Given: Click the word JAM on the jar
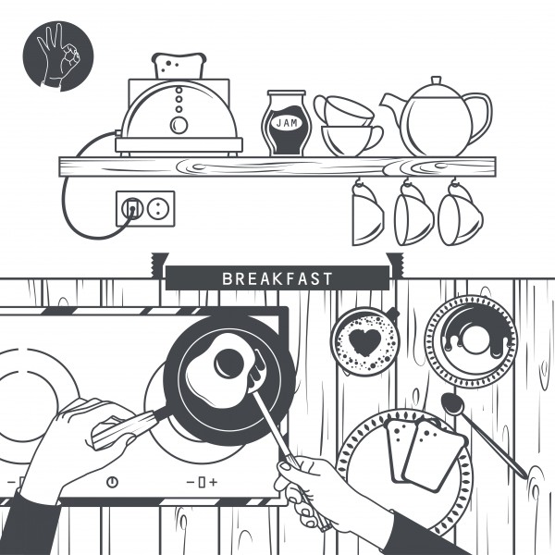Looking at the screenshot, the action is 287,123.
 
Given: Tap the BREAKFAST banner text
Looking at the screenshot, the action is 277,278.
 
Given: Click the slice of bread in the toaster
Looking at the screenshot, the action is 179,67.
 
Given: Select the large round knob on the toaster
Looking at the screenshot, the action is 179,125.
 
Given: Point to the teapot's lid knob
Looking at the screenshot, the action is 436,80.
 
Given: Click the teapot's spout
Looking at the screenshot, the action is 393,106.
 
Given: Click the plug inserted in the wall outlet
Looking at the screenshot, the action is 132,208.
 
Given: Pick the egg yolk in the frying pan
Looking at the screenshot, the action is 229,364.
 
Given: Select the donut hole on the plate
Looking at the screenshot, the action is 475,339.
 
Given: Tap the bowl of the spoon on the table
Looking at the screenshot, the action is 452,404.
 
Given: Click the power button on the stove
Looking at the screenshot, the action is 113,482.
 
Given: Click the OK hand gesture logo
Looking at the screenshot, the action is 58,55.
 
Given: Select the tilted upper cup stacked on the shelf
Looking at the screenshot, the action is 342,110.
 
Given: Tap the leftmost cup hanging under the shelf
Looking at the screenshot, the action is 367,215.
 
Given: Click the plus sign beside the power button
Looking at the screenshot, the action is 213,482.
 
